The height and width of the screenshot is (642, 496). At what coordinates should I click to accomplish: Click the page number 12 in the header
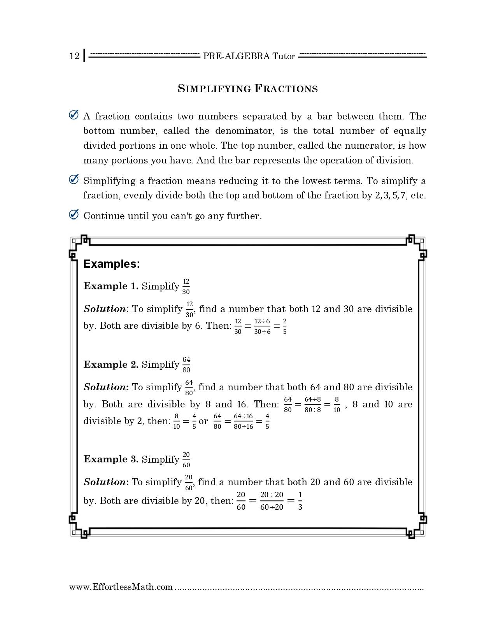click(x=74, y=56)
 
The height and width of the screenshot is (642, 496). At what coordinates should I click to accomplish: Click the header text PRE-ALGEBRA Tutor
click(x=249, y=56)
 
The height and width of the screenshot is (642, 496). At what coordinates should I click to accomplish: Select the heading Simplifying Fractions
click(x=248, y=89)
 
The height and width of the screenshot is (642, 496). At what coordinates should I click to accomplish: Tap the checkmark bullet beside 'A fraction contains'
click(x=74, y=115)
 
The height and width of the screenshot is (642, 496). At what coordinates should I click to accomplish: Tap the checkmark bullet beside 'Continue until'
click(x=74, y=215)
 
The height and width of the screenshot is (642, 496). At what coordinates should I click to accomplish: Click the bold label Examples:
click(x=112, y=264)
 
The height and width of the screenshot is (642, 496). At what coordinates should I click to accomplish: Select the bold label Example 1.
click(x=111, y=286)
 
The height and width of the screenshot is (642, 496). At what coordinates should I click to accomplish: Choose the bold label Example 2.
click(x=111, y=365)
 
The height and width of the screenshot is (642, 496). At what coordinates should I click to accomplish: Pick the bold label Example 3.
click(x=111, y=459)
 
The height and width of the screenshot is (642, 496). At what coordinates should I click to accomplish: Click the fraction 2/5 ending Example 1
click(x=285, y=326)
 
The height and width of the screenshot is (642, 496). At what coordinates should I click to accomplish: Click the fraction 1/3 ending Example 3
click(x=300, y=501)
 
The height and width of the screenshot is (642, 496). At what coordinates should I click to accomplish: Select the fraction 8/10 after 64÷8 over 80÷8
click(x=337, y=405)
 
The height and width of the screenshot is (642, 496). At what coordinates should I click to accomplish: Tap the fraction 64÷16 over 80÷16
click(x=243, y=421)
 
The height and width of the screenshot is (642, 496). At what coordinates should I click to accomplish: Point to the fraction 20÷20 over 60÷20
click(x=272, y=501)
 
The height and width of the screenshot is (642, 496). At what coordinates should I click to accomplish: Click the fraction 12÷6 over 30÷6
click(x=262, y=326)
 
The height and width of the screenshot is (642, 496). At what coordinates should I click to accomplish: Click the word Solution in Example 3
click(x=104, y=482)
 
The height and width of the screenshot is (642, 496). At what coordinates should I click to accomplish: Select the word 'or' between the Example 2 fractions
click(x=203, y=421)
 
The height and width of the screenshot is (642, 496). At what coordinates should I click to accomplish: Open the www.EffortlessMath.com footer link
click(x=121, y=587)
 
